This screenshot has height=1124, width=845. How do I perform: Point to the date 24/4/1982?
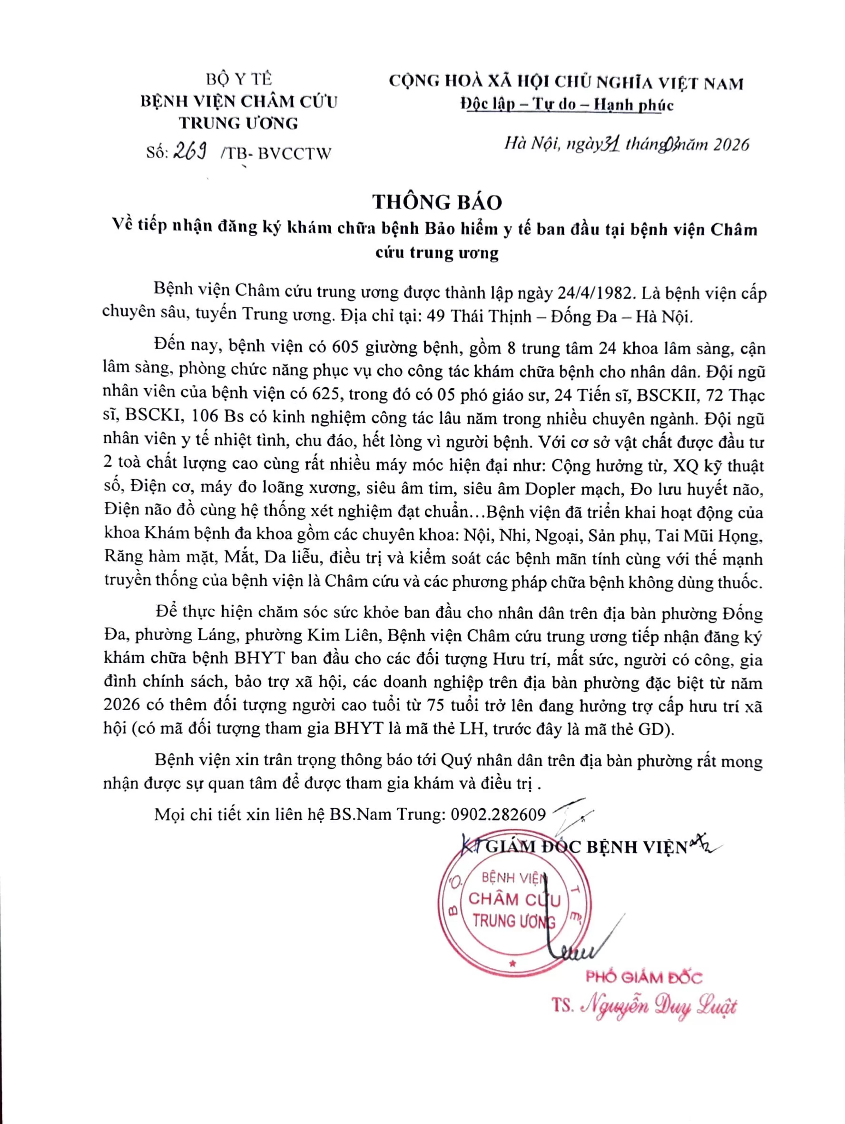[x=597, y=293]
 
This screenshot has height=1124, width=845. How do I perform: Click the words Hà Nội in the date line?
[x=532, y=145]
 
